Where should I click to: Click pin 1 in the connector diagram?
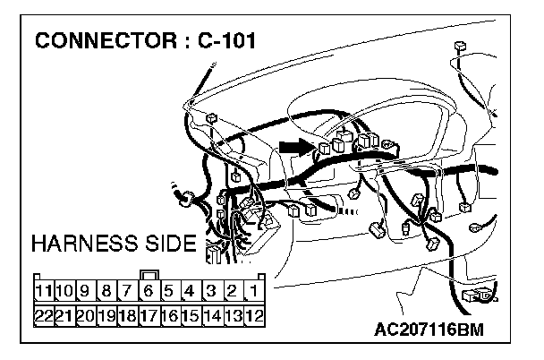(x=254, y=290)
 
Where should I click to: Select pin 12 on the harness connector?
(x=254, y=315)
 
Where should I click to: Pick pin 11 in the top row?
(x=44, y=290)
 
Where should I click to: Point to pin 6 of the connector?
(x=149, y=290)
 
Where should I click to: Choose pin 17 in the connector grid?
(x=149, y=315)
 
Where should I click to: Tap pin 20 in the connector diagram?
(x=86, y=315)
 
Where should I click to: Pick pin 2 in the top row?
(x=233, y=290)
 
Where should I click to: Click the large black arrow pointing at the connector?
(x=293, y=145)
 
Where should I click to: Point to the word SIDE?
(x=167, y=244)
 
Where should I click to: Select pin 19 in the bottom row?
(x=106, y=315)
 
